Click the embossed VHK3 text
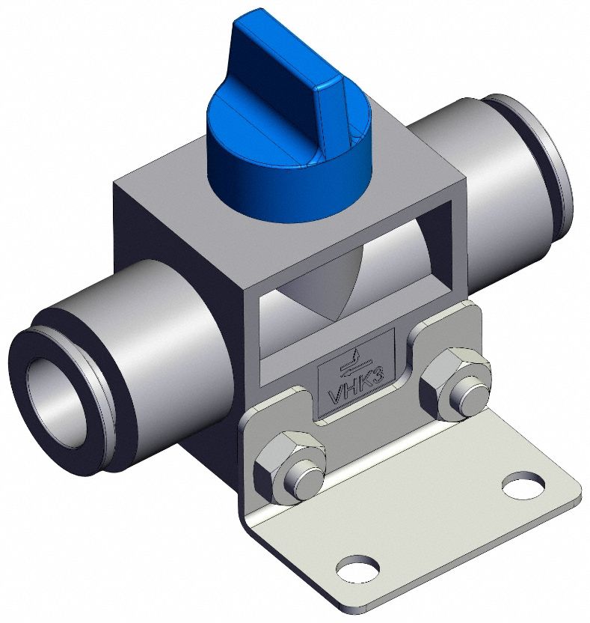[357, 384]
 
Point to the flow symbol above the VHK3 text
[356, 356]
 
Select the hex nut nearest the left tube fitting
[288, 468]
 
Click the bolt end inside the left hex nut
[304, 478]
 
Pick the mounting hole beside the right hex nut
[523, 484]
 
